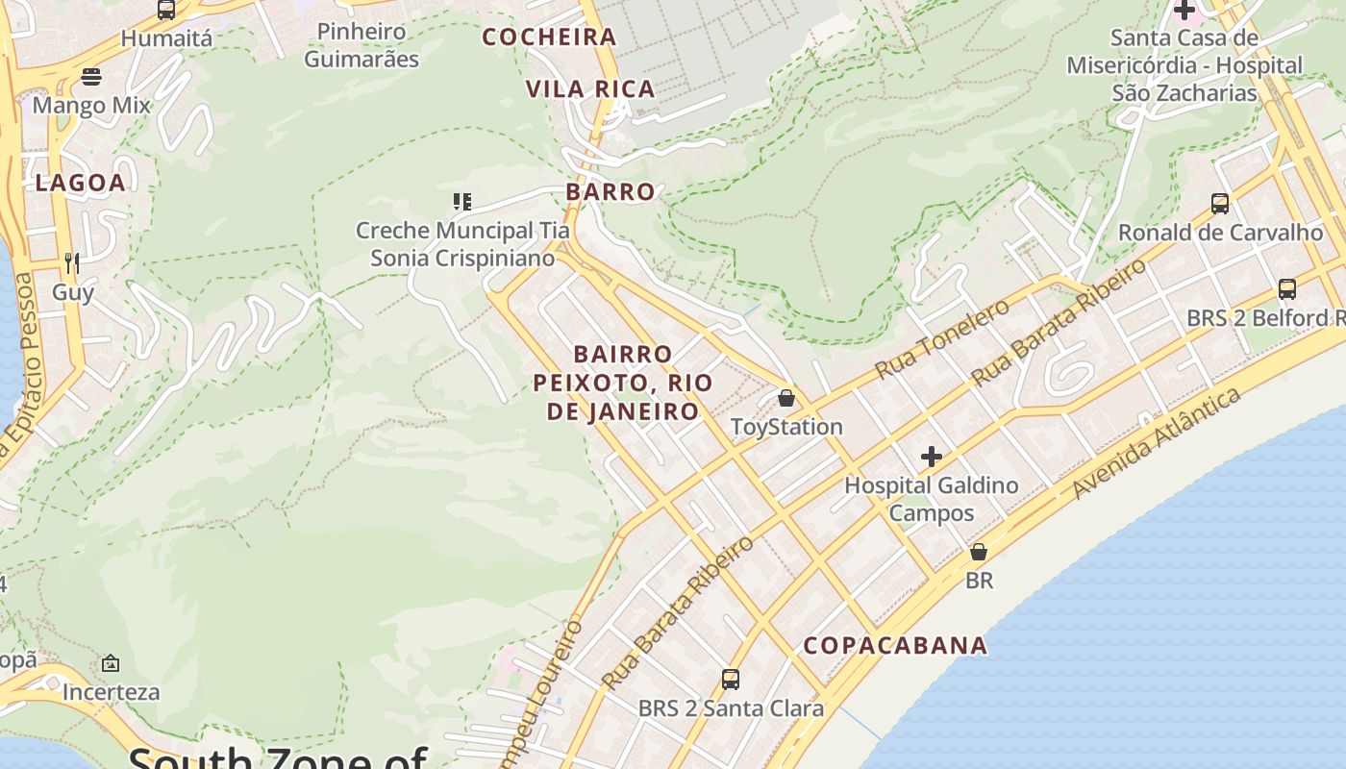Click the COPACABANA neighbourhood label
(895, 646)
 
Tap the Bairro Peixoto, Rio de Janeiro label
(623, 383)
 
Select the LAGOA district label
(81, 183)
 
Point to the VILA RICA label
(590, 89)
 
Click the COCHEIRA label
(549, 37)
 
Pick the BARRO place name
(611, 191)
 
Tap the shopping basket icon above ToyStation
(786, 398)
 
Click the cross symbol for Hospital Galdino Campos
(931, 457)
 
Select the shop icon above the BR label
(979, 552)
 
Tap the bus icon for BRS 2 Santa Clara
(731, 680)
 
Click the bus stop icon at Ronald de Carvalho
(1220, 204)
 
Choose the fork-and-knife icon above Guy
(72, 262)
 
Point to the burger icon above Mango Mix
(91, 76)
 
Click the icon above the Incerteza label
(111, 663)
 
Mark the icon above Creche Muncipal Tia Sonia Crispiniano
(462, 202)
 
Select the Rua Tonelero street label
(942, 338)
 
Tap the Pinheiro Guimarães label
(361, 45)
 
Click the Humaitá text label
(166, 38)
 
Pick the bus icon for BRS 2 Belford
(1286, 289)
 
